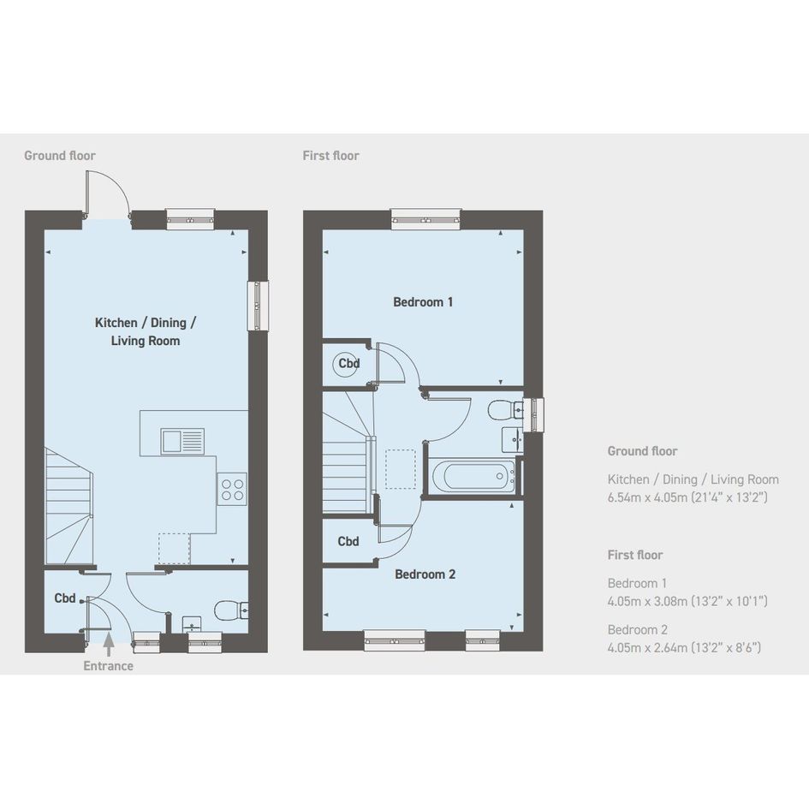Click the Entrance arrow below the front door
click(x=109, y=645)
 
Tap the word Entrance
click(x=109, y=666)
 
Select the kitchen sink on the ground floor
click(x=182, y=441)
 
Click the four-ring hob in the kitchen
click(x=232, y=489)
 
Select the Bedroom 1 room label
click(x=423, y=302)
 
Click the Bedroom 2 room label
click(x=425, y=574)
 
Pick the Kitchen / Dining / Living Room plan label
click(x=146, y=331)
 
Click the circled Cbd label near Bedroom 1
click(x=348, y=363)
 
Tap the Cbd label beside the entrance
click(x=65, y=598)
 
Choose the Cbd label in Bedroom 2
click(x=348, y=541)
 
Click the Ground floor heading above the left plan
click(x=60, y=155)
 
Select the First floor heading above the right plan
click(x=330, y=155)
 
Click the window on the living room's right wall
click(x=258, y=306)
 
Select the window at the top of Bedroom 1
click(x=425, y=219)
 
